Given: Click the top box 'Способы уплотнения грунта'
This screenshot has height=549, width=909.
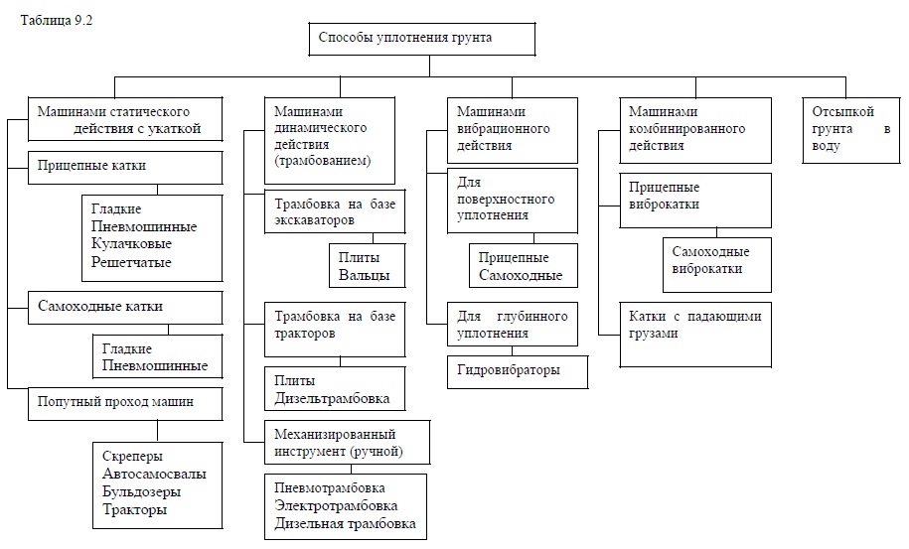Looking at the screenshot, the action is click(421, 40).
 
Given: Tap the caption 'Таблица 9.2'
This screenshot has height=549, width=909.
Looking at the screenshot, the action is click(57, 20).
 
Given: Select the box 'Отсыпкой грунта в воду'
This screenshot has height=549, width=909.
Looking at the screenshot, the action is click(851, 130).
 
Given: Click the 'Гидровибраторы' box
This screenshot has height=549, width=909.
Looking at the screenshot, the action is click(518, 371).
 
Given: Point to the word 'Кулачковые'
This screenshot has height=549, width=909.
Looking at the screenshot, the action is click(131, 244).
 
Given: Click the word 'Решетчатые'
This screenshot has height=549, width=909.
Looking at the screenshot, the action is click(131, 262).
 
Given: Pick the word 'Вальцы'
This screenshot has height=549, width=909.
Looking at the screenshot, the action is click(364, 275).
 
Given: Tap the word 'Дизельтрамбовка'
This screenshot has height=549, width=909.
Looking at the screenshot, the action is click(332, 398).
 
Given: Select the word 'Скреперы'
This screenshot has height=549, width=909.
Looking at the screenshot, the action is click(132, 457).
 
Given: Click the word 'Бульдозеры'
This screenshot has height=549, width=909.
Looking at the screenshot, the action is click(141, 491).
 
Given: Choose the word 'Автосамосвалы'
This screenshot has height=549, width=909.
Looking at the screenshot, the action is click(154, 474).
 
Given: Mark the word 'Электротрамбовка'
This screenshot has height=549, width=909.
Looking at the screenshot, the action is click(336, 505).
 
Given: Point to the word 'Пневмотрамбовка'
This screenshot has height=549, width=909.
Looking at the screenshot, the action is click(329, 487).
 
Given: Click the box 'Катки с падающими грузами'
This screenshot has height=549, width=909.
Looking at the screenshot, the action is click(695, 335).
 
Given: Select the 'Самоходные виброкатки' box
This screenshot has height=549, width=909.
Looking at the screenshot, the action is click(716, 265).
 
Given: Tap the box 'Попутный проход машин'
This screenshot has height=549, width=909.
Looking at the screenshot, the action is click(125, 404).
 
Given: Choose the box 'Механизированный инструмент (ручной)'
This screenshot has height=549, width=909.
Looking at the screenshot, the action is click(348, 443).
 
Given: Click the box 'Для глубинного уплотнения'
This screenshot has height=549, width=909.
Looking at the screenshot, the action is click(513, 325).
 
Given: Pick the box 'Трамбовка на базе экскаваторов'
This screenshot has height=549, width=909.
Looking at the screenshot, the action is click(335, 211).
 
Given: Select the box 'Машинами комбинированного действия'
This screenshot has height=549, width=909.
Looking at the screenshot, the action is click(695, 130).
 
